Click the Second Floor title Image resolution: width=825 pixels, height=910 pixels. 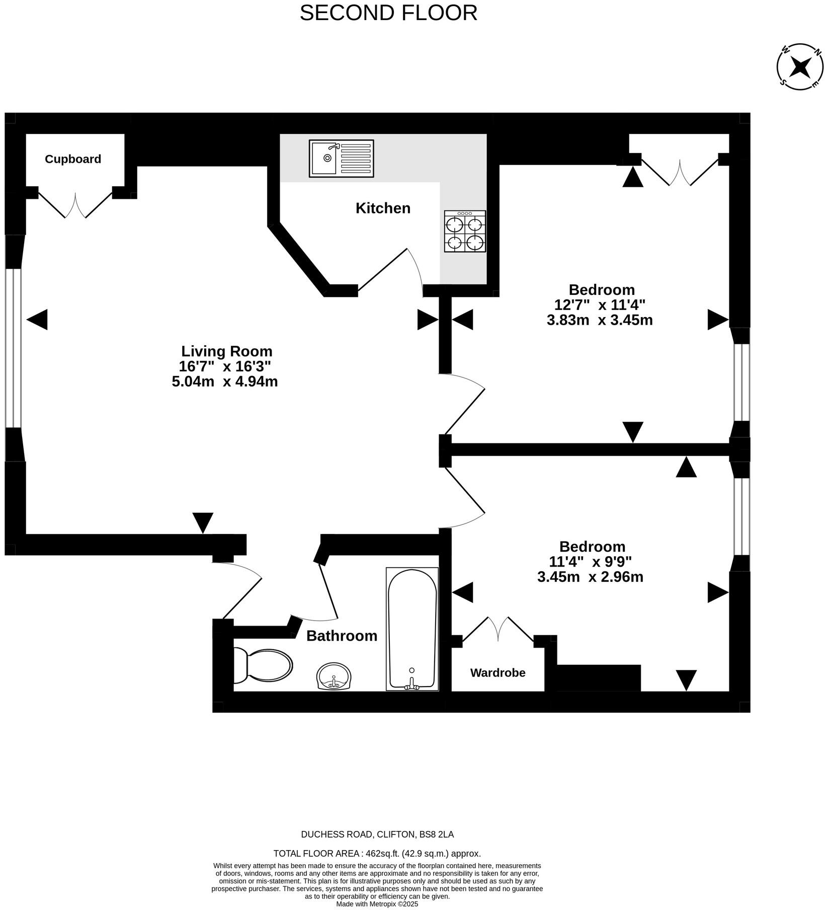coord(388,13)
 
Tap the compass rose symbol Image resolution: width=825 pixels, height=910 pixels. coord(800,67)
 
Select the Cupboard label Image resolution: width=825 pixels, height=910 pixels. coord(73,159)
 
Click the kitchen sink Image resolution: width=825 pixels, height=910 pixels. coord(341,159)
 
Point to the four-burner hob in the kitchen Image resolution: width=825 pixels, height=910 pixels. coord(465,232)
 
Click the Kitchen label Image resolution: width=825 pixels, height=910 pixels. coord(383,208)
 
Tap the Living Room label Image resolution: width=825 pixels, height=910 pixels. coord(226,351)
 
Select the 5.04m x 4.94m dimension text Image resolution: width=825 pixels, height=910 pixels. coord(225,382)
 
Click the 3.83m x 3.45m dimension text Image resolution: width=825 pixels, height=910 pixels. coord(600,320)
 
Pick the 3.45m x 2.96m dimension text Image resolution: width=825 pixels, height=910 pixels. coord(590,577)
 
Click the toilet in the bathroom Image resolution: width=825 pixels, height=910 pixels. coord(263,665)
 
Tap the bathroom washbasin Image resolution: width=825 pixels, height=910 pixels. coord(334,676)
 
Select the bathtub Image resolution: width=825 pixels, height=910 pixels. coord(412,629)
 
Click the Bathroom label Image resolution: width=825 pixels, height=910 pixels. coord(342,636)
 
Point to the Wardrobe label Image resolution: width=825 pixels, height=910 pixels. coord(498,672)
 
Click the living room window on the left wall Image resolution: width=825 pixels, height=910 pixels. coord(14,348)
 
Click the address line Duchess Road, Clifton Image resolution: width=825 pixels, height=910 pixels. coord(377,835)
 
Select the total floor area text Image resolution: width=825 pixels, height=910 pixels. coord(377,854)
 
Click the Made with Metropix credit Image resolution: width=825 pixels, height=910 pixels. coord(377,904)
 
